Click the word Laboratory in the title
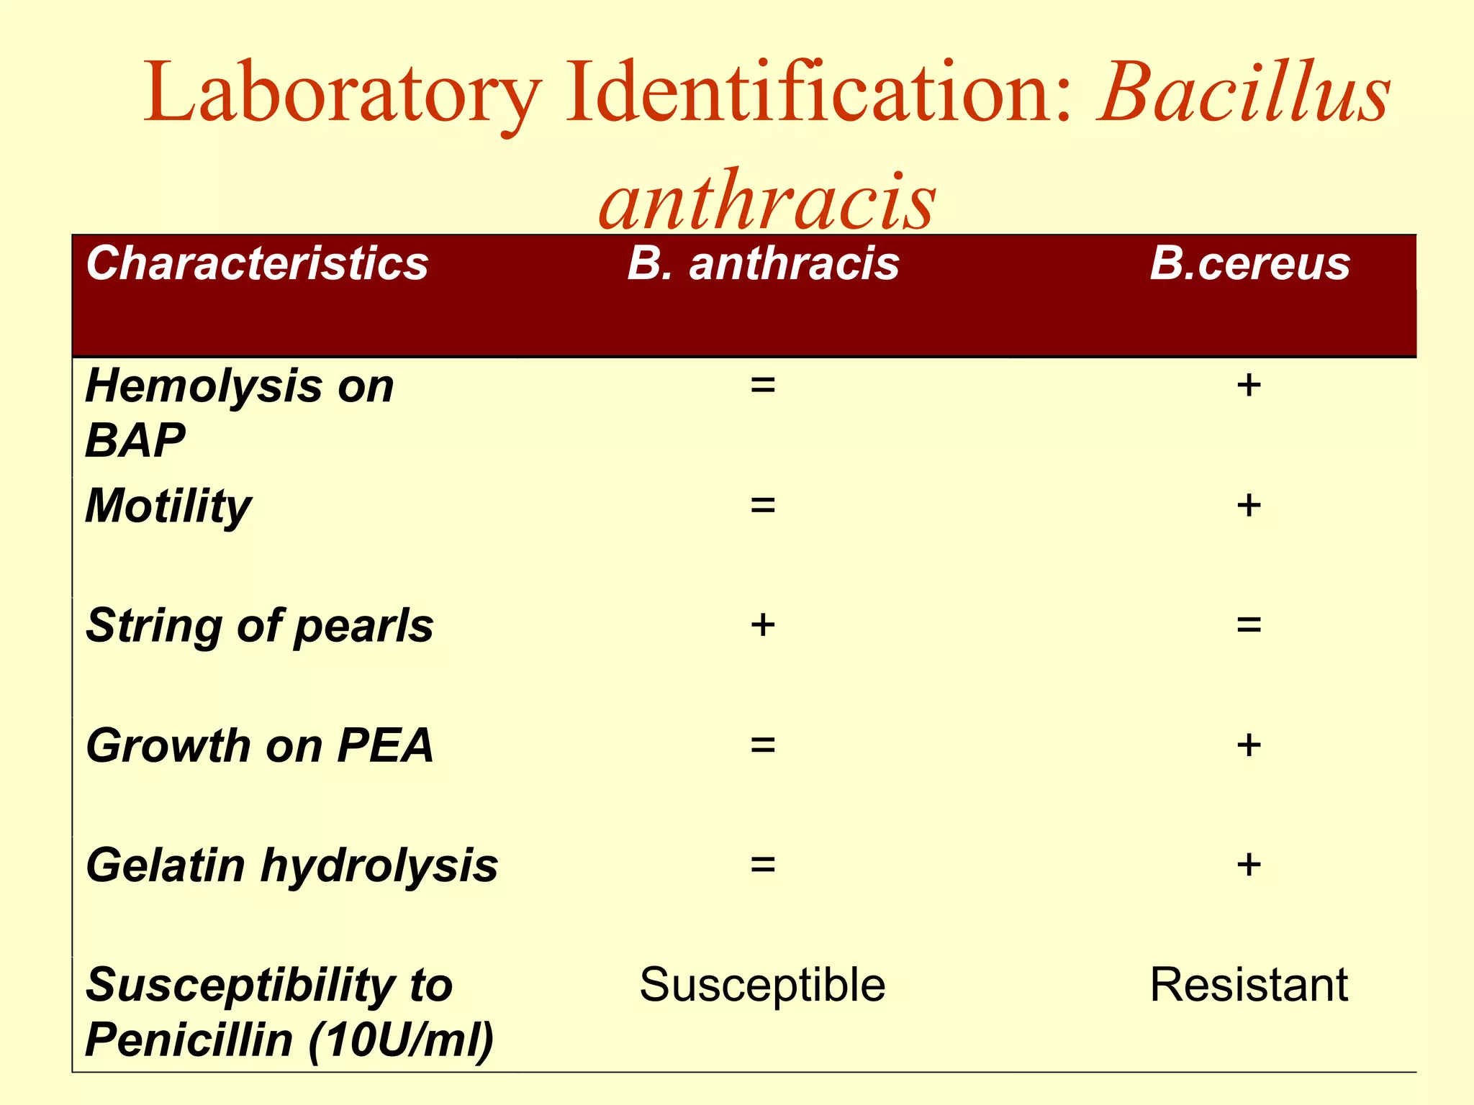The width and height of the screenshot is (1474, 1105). (342, 94)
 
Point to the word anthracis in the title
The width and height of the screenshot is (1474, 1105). (767, 199)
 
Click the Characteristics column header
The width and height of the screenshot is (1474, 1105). (257, 263)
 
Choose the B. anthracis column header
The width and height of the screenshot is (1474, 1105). (763, 263)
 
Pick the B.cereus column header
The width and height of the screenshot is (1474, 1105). (1249, 263)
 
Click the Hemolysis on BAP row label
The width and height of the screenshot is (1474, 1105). (239, 413)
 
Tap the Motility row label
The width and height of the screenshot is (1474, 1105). (168, 506)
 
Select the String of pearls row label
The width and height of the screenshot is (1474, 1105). (259, 625)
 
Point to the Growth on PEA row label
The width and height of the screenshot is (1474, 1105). (259, 745)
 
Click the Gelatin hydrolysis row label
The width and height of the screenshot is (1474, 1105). (291, 865)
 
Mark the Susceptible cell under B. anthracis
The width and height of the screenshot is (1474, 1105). (762, 984)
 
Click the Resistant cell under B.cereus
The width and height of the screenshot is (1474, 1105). (1249, 984)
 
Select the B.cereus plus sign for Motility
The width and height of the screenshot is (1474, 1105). (1249, 505)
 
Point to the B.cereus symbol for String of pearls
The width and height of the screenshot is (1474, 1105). (1249, 625)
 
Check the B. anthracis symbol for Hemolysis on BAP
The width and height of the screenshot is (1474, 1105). (763, 386)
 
